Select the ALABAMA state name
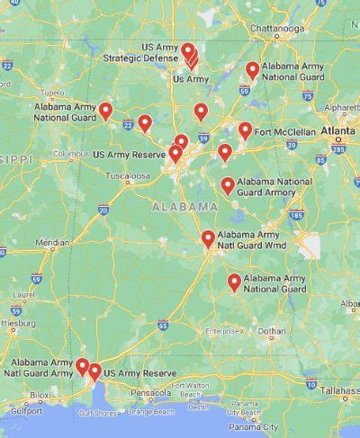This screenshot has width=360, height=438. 184,207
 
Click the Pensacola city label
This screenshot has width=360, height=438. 148,393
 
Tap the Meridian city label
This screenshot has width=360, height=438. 51,243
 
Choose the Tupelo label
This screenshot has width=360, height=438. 53,93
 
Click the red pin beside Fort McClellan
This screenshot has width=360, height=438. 245,130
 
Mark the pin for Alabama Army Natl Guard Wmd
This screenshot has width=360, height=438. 208,238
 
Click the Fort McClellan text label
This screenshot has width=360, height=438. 285,132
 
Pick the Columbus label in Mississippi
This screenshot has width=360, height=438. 68,154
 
